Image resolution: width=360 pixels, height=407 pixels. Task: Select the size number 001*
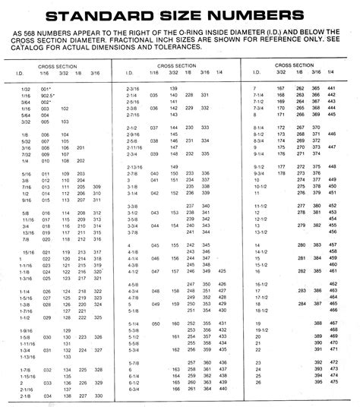click(x=46, y=90)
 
